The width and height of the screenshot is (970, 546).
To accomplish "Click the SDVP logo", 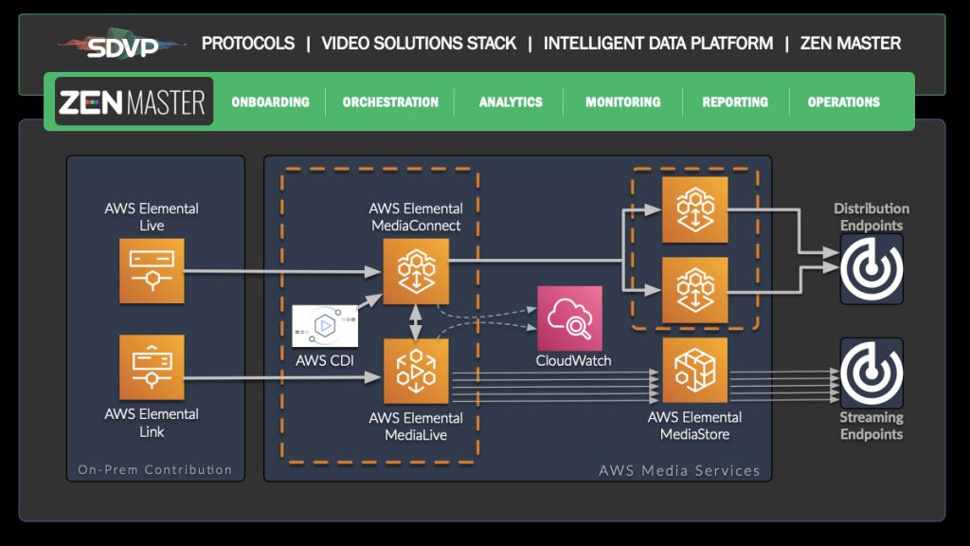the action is coord(122,45).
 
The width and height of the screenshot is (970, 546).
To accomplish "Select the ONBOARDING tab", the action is coord(270,102).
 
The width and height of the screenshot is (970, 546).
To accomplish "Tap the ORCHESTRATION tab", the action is coord(390,102).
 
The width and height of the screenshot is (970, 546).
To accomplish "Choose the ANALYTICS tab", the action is coord(511,102).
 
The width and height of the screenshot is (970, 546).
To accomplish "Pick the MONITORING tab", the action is coord(623,102).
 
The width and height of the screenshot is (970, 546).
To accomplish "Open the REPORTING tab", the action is coord(735,102).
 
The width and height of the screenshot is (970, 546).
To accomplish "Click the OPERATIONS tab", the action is coord(844,102).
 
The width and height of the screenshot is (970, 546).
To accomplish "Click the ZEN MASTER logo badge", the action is coord(134,101).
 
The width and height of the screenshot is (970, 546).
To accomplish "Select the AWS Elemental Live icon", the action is coord(152,270).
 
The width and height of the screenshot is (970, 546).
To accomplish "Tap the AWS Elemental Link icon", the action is coord(152,367).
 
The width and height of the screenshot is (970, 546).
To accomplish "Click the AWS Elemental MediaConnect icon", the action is coord(416,272).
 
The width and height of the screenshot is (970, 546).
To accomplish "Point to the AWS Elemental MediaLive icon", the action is coord(416,372).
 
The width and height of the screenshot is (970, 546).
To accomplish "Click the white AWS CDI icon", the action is coord(325,326).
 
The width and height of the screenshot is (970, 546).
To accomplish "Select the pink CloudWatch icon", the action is coord(569,318).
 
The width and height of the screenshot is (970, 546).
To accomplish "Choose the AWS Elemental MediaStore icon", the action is coord(694,371).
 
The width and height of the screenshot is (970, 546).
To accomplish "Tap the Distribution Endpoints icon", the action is coord(871,269).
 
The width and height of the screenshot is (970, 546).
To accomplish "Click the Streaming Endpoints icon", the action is coord(871,373).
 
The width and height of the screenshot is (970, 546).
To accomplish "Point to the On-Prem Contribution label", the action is coord(154,470).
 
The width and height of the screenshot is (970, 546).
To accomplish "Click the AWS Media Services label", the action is coord(678,470).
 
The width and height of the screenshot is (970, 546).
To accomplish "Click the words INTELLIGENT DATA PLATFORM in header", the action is coord(658,44).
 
